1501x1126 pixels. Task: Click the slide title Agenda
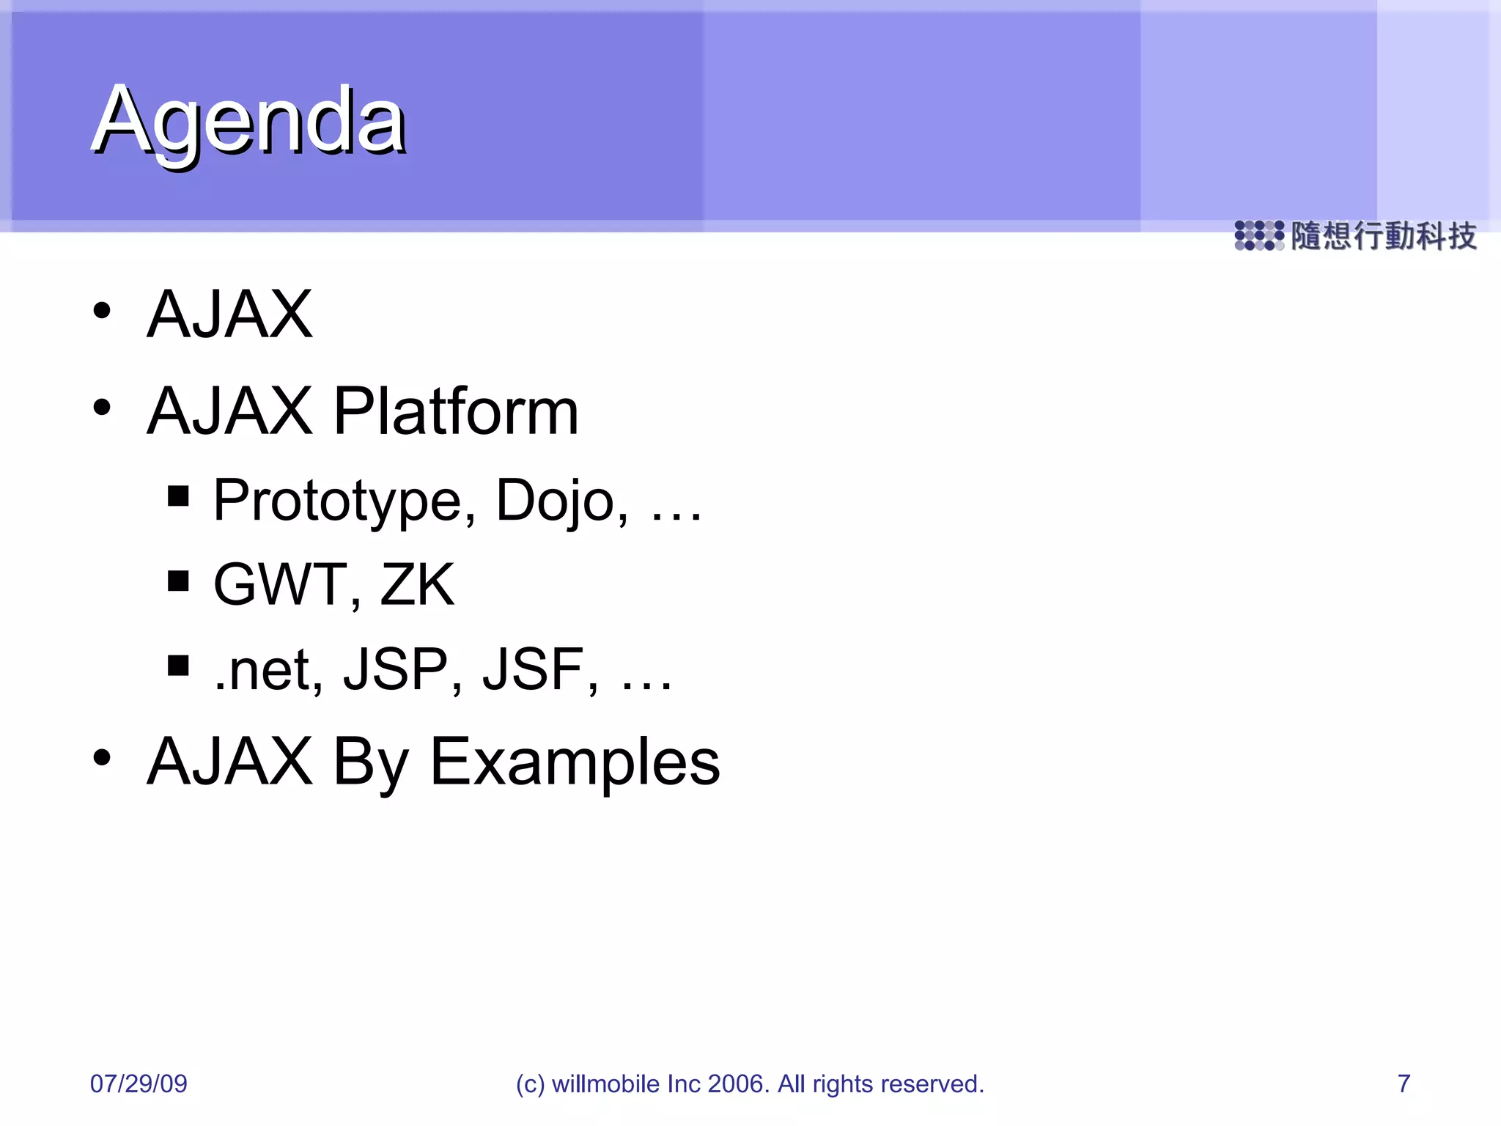pyautogui.click(x=249, y=121)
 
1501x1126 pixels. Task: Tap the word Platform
pyautogui.click(x=456, y=411)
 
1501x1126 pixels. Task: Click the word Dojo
pyautogui.click(x=560, y=501)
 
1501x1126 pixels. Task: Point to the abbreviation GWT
pyautogui.click(x=279, y=585)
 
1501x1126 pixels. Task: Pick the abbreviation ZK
pyautogui.click(x=417, y=585)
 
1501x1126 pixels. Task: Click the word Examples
pyautogui.click(x=575, y=763)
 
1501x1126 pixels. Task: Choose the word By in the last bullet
pyautogui.click(x=371, y=763)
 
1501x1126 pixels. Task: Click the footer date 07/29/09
pyautogui.click(x=139, y=1083)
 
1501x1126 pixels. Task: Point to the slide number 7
pyautogui.click(x=1404, y=1083)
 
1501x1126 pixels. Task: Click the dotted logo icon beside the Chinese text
pyautogui.click(x=1259, y=235)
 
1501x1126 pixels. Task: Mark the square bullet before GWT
pyautogui.click(x=178, y=581)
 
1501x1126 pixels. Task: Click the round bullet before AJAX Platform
pyautogui.click(x=102, y=407)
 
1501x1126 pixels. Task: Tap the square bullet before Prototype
pyautogui.click(x=178, y=496)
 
